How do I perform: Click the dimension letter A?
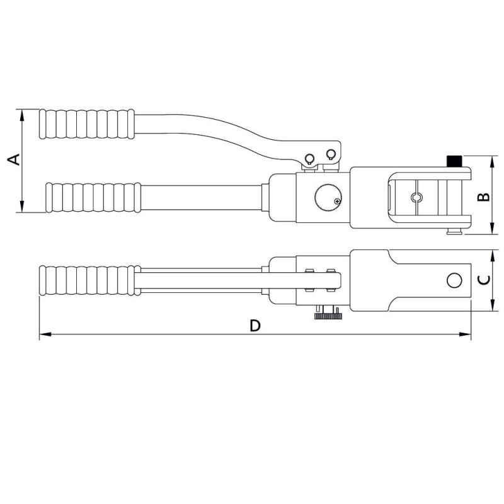click(x=14, y=160)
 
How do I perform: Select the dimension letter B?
click(x=483, y=196)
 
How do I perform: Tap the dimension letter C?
click(x=483, y=281)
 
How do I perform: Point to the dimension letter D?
click(x=255, y=326)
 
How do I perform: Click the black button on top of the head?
click(x=453, y=161)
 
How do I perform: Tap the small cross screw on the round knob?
click(x=338, y=202)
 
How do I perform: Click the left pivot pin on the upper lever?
click(x=309, y=158)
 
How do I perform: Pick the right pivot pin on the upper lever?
click(x=330, y=154)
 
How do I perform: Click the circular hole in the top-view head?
click(x=453, y=280)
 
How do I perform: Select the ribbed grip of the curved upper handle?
click(x=86, y=124)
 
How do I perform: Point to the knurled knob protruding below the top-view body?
click(x=328, y=314)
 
